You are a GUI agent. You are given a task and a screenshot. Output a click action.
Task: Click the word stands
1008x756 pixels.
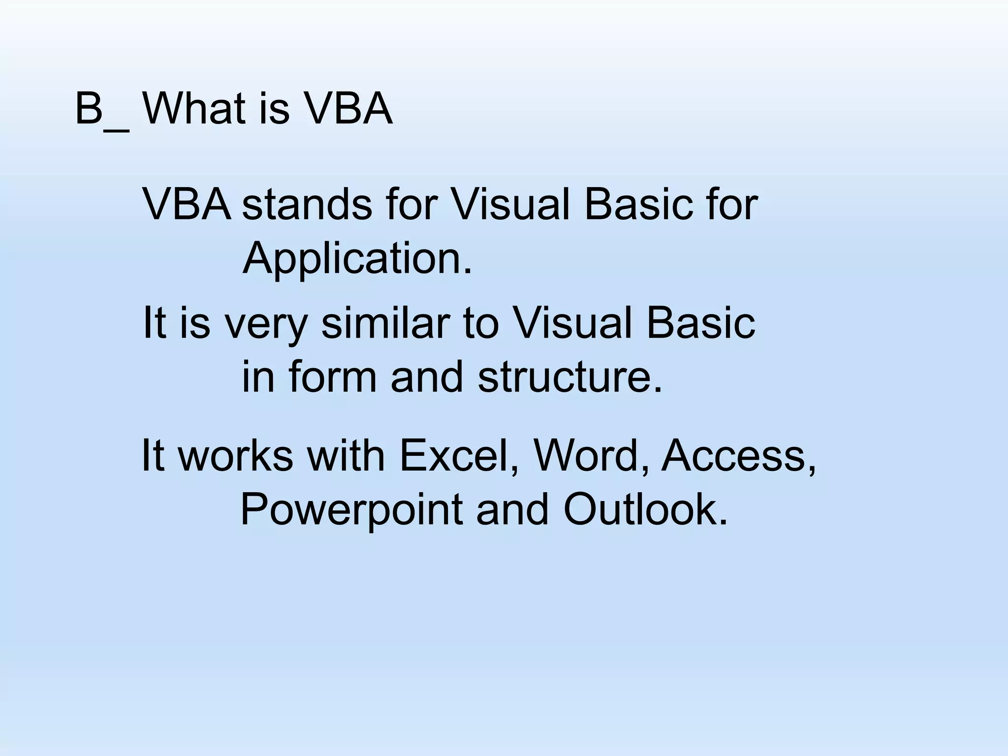coord(307,204)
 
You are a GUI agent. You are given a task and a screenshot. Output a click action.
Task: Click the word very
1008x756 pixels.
coord(266,325)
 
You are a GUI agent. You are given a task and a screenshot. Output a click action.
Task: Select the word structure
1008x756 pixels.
coord(570,377)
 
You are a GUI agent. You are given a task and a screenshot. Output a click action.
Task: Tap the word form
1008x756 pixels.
coord(333,377)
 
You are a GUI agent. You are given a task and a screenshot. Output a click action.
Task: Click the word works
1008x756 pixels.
coord(236,456)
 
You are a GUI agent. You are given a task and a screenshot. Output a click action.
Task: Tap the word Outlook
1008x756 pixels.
coord(645,509)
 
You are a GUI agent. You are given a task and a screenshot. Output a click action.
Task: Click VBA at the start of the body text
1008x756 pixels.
coord(187,204)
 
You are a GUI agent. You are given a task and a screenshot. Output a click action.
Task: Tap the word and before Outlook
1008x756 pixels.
coord(512,509)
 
